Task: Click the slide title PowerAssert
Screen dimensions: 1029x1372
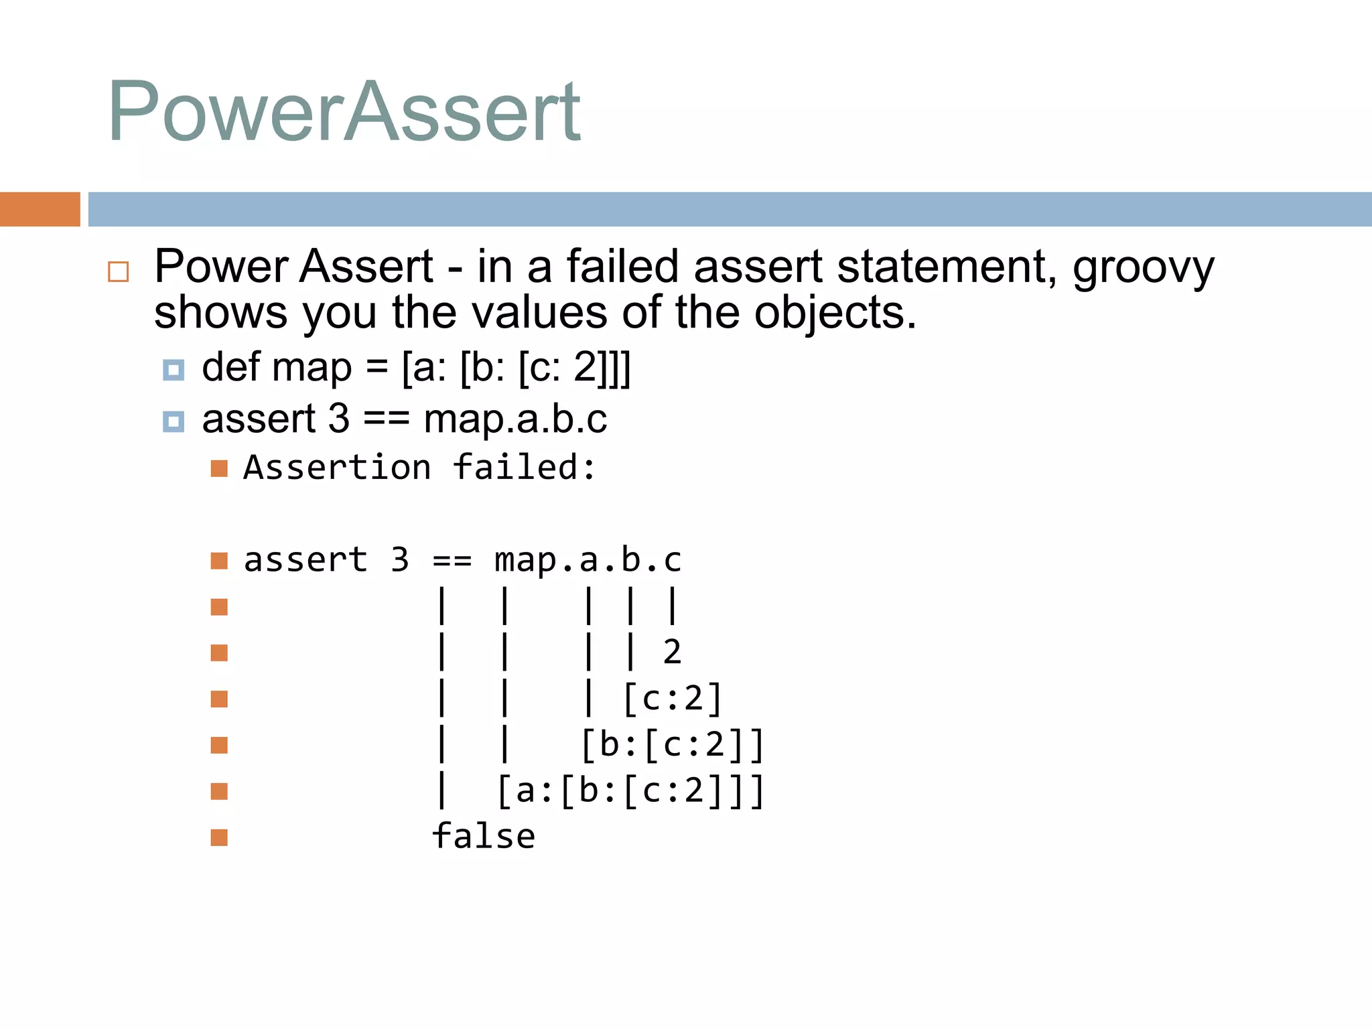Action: (344, 113)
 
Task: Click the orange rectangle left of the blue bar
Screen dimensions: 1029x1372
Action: (40, 209)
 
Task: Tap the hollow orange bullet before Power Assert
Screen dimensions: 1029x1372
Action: (119, 271)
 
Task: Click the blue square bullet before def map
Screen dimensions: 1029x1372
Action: (174, 370)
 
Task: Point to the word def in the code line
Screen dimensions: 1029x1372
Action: (230, 368)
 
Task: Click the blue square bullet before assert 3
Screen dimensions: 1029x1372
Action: (174, 421)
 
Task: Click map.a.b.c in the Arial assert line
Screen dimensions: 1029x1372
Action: (515, 420)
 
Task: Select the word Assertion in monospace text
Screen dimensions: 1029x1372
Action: (337, 468)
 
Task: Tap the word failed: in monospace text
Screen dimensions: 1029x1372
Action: (524, 468)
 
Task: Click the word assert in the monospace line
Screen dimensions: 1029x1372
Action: (305, 560)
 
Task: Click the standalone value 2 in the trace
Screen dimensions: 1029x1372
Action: (672, 653)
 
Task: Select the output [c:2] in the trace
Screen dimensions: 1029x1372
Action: (672, 699)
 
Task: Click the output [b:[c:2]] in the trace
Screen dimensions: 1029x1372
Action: (672, 745)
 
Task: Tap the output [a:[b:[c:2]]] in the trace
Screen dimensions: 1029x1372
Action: (630, 791)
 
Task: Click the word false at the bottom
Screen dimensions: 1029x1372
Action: (483, 837)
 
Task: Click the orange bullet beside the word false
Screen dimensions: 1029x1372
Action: (219, 837)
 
